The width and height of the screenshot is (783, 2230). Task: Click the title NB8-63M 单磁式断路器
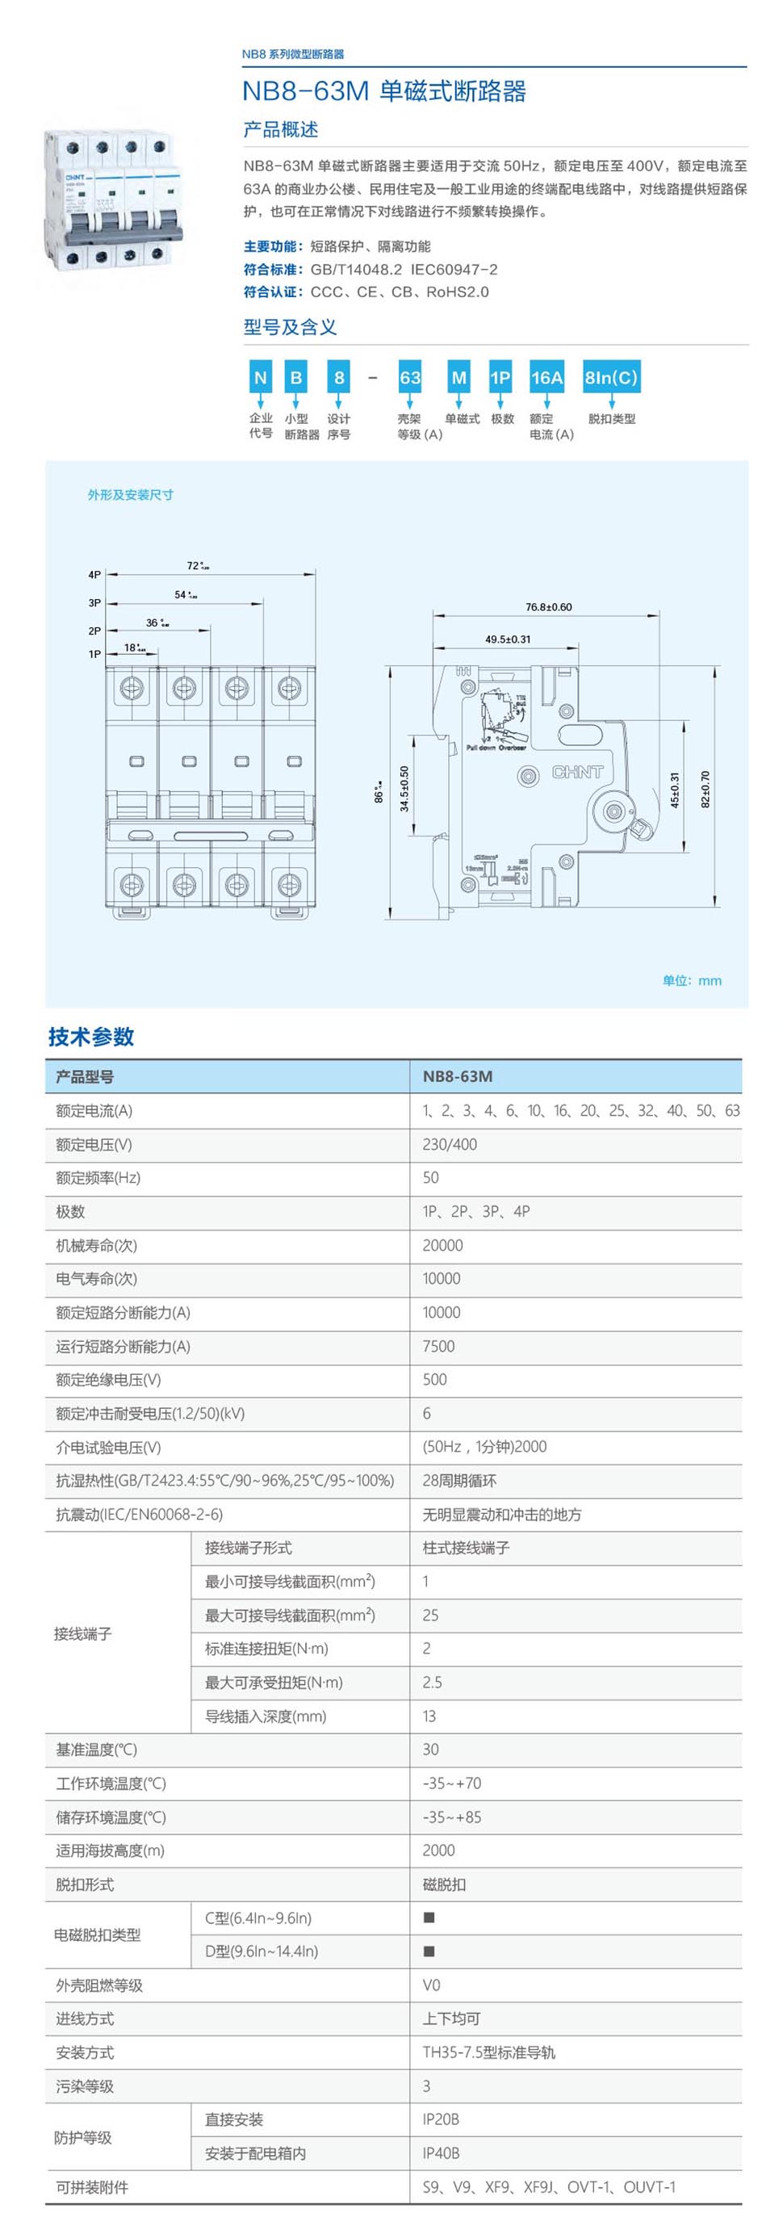click(x=383, y=91)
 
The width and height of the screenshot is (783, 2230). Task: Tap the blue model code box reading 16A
click(x=546, y=377)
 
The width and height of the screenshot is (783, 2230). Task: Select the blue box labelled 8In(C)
click(x=611, y=377)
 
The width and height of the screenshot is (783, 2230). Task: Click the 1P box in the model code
click(x=500, y=377)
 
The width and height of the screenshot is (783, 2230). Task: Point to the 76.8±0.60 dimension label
click(x=549, y=607)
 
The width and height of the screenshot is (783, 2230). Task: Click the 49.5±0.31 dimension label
click(x=508, y=639)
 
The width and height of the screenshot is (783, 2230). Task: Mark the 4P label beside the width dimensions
click(x=94, y=574)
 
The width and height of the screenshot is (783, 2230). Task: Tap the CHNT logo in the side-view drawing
click(x=577, y=771)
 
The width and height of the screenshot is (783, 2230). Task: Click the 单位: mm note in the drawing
click(x=691, y=980)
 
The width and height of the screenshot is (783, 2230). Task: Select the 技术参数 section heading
click(x=91, y=1036)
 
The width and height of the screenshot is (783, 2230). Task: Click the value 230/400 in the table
click(x=449, y=1144)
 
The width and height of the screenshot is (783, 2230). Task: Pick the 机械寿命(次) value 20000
click(x=442, y=1245)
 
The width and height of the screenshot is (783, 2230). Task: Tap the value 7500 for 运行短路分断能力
click(x=438, y=1346)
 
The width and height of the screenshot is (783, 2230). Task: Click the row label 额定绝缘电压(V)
click(x=108, y=1380)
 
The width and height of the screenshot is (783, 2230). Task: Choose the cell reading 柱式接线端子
click(x=466, y=1548)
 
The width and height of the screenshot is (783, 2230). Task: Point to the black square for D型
click(x=429, y=1951)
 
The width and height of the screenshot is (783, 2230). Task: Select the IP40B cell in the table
click(x=441, y=2153)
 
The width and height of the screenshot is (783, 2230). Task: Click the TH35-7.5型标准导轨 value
click(x=488, y=2052)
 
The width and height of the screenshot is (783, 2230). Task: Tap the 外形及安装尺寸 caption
click(x=130, y=494)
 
